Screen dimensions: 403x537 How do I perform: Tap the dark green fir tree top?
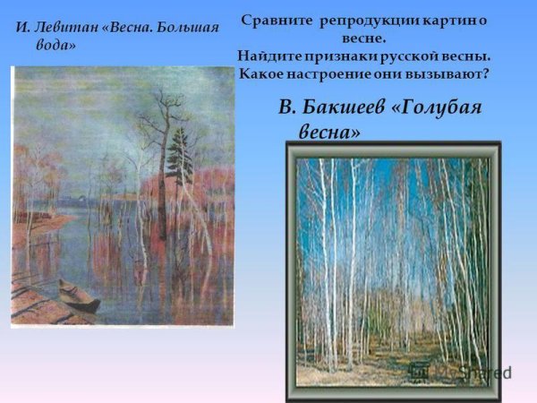[182, 143]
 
